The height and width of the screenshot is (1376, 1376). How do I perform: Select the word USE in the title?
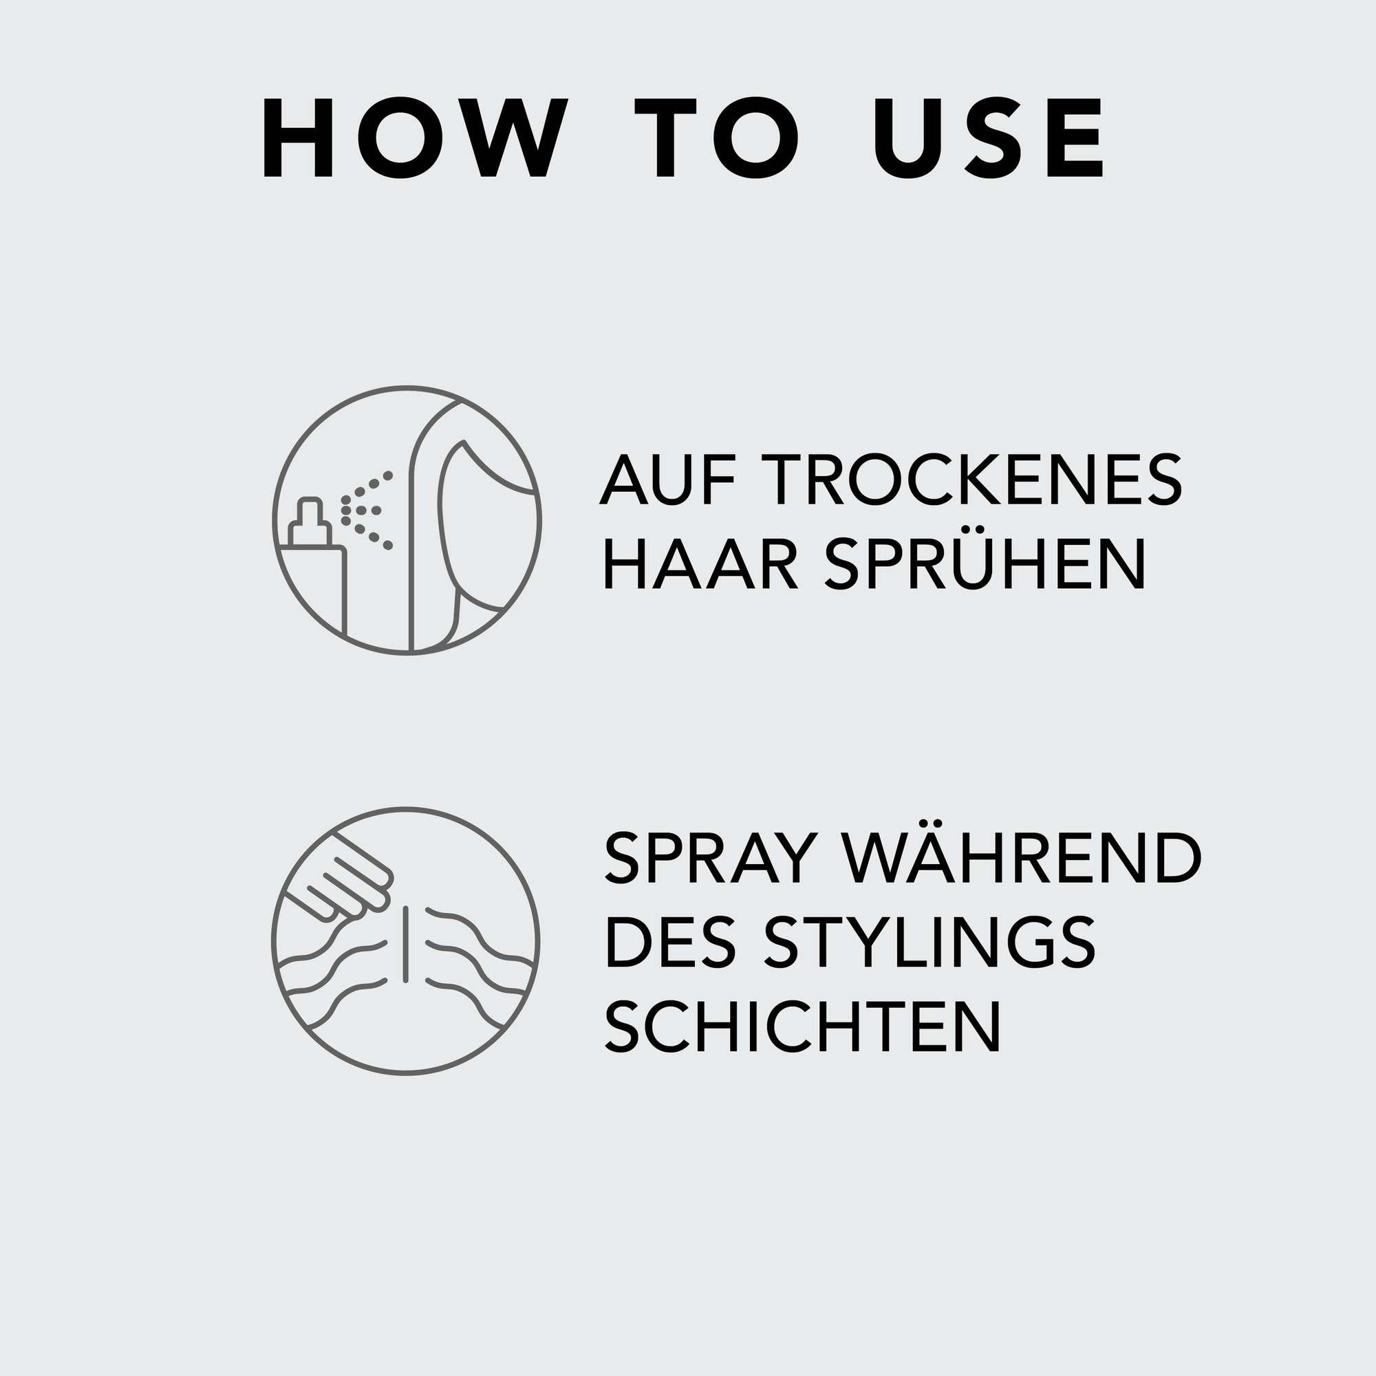(x=989, y=138)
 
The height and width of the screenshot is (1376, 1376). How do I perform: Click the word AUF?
(x=665, y=480)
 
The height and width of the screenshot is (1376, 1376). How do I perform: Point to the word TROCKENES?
(x=971, y=480)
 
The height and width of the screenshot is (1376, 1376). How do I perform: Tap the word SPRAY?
(x=709, y=857)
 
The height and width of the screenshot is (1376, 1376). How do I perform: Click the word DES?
(x=669, y=943)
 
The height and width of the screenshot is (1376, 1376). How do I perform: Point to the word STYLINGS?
(x=929, y=943)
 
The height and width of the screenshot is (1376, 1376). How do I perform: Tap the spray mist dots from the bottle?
(x=367, y=510)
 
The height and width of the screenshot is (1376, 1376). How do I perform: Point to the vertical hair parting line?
(x=405, y=944)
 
